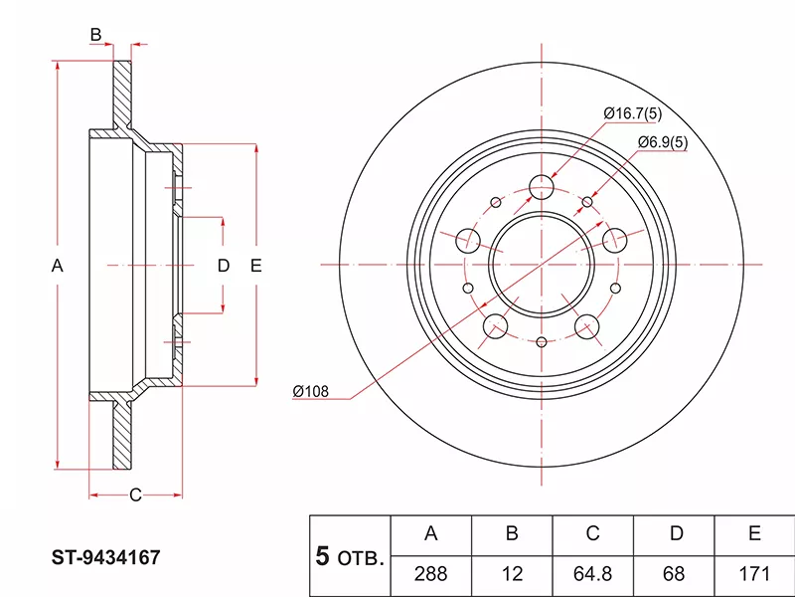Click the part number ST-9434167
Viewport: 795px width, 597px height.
(106, 559)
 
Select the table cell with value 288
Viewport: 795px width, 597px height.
(431, 575)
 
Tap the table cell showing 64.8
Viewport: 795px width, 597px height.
(593, 575)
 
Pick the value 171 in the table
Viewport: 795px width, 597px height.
(755, 575)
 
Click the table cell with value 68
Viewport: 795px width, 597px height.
(675, 575)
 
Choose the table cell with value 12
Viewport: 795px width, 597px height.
(512, 575)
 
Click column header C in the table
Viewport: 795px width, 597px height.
(593, 534)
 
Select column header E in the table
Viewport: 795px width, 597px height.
(755, 534)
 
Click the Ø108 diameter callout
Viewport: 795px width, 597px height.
(310, 390)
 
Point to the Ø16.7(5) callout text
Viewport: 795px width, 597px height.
(633, 114)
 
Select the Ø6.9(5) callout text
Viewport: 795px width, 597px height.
(662, 142)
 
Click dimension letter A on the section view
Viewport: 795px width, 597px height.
(58, 266)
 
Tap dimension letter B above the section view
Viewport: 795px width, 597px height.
(95, 36)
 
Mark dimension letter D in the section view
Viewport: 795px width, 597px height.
(224, 266)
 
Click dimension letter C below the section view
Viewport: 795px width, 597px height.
(136, 495)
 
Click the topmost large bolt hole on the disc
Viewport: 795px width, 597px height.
(542, 187)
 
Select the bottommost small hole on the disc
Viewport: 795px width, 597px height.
(542, 342)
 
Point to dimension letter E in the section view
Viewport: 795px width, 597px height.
(255, 266)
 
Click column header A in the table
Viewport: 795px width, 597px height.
(431, 534)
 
